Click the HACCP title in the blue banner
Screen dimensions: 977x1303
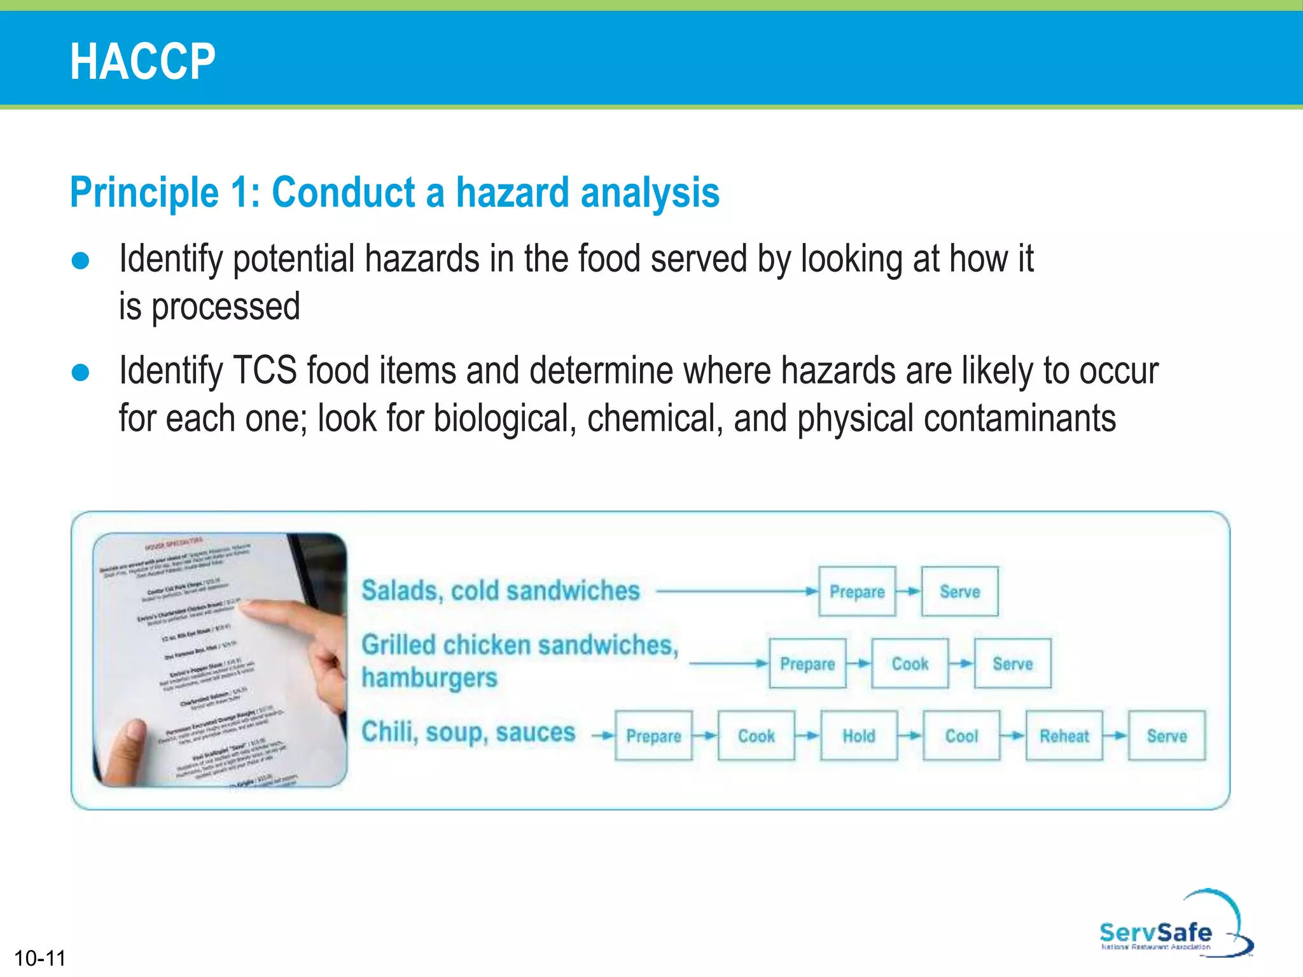point(143,61)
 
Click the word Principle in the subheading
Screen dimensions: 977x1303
point(144,193)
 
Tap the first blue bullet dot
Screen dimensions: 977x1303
point(81,261)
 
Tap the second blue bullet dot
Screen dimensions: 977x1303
point(81,372)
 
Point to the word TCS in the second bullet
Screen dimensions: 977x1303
point(265,371)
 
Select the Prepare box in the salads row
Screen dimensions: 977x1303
point(856,592)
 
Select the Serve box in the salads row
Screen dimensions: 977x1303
point(959,592)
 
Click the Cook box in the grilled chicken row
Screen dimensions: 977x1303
point(910,663)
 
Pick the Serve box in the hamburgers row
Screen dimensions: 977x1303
point(1012,663)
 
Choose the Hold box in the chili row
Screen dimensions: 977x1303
point(859,736)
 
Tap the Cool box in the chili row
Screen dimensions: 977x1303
point(961,736)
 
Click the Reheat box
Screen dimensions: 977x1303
point(1064,736)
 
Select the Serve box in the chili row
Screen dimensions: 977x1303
point(1167,736)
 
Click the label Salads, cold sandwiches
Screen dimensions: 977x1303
point(500,591)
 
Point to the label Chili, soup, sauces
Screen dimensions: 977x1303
point(468,732)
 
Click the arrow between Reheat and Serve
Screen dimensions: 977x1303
point(1115,736)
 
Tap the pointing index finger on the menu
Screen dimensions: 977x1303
point(280,614)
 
